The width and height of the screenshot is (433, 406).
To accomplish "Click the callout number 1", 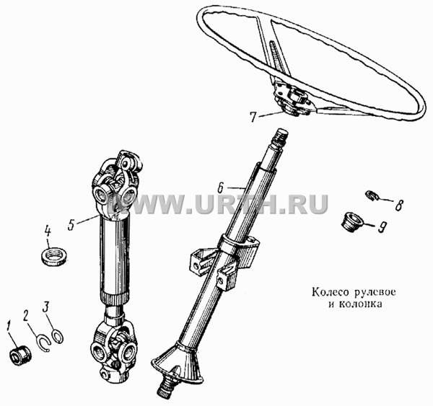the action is [x=9, y=326].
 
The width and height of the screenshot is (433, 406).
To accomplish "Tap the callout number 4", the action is [x=48, y=232].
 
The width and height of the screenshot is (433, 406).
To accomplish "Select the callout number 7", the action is [x=254, y=117].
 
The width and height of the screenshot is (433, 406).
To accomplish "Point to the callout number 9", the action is [x=382, y=227].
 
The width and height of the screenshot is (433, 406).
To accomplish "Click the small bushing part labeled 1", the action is [x=20, y=357].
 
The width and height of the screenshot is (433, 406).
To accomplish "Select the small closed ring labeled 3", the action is [x=58, y=337].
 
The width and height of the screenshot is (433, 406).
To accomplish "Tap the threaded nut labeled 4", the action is [x=55, y=257].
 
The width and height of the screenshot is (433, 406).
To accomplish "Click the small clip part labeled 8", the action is [x=372, y=195].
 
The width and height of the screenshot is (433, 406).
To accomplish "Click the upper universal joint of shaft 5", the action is [x=116, y=185].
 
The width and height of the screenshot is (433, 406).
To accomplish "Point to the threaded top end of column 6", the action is [x=281, y=137].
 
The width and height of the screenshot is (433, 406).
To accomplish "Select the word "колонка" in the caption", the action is [x=360, y=304].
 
